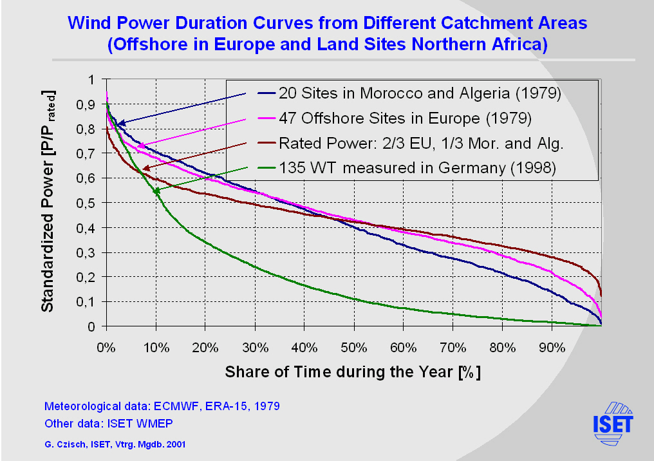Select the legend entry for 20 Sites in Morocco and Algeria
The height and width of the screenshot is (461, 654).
(x=420, y=93)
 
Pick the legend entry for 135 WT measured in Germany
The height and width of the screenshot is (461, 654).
(x=417, y=168)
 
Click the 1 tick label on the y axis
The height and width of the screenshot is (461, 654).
(x=90, y=80)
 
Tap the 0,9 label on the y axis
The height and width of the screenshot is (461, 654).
(x=86, y=104)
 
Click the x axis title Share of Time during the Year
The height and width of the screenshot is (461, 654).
(x=353, y=372)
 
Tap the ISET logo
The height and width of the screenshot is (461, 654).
(x=612, y=422)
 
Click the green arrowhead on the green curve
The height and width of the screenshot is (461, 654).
(x=156, y=191)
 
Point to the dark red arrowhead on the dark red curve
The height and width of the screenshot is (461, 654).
(x=146, y=168)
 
